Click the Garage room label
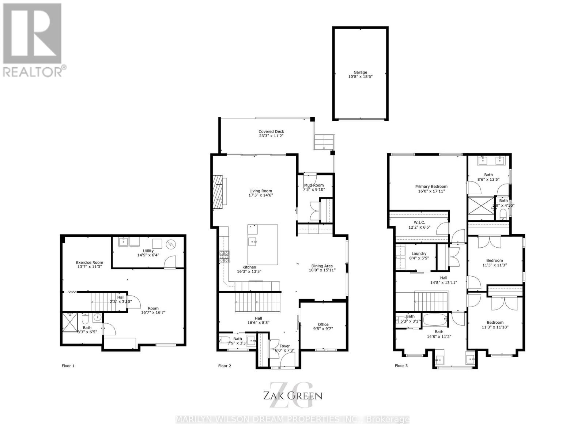coord(360,72)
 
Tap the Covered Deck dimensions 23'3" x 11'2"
coord(271,136)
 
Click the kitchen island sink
coord(252,241)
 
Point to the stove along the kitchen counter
coord(224,257)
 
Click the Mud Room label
coord(314,185)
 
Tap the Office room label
coord(323,324)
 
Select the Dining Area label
coord(322,266)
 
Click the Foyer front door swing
coord(284,361)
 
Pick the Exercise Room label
coord(90,262)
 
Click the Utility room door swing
coord(170,261)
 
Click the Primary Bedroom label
coord(431,186)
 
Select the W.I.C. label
coord(419,222)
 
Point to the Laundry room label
coord(419,254)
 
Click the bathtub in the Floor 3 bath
coord(435,320)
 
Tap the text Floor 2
coord(224,366)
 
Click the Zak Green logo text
coord(292,395)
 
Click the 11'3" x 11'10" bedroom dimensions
coord(495,327)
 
